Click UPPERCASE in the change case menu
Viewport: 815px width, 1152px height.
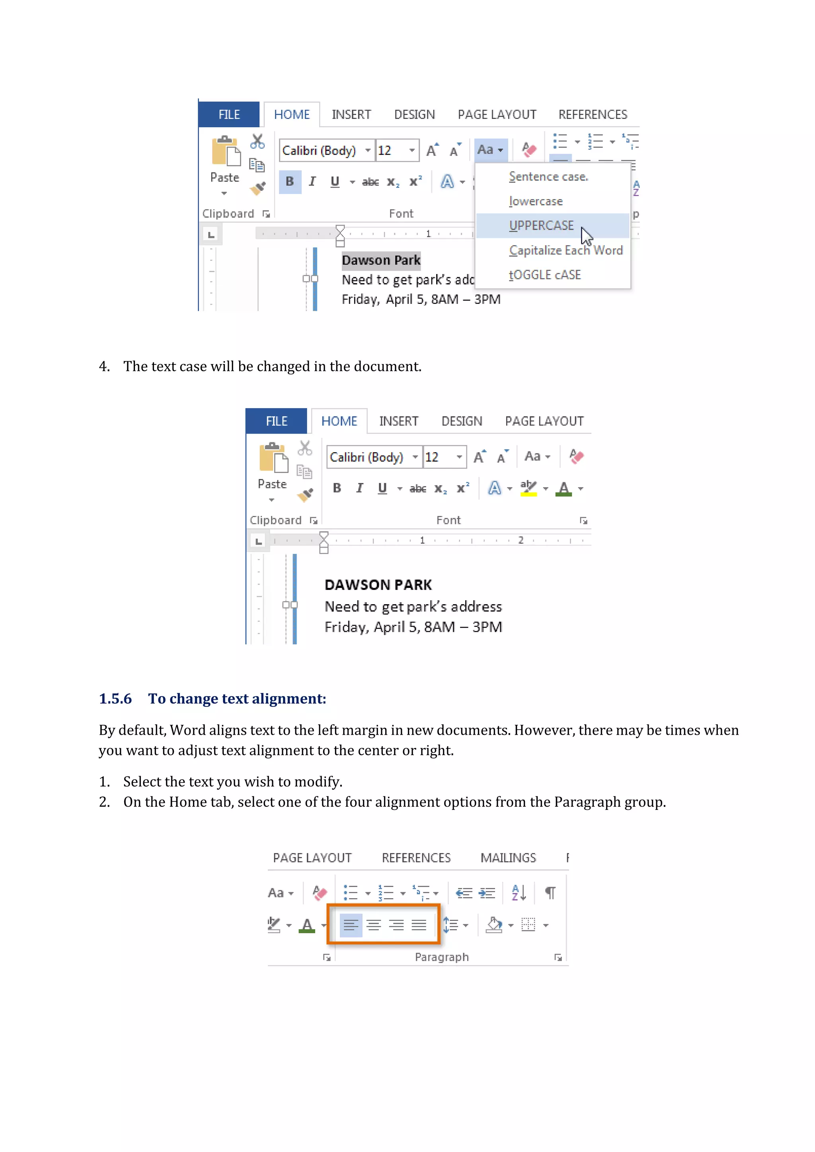click(541, 226)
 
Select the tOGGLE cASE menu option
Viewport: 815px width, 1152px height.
click(544, 275)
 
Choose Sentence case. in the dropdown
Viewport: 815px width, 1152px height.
click(548, 177)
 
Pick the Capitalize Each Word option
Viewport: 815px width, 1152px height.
click(565, 250)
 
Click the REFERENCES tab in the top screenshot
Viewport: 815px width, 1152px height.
click(593, 115)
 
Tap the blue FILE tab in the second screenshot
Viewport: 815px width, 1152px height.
click(277, 422)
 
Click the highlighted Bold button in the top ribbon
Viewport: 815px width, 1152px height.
click(290, 182)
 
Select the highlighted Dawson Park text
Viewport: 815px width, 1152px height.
click(381, 261)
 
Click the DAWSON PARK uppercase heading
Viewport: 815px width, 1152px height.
click(378, 585)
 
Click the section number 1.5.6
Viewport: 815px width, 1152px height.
click(115, 699)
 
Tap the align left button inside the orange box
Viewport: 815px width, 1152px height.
click(351, 925)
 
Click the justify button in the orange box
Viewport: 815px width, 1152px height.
click(419, 925)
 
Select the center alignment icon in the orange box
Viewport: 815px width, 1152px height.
click(373, 925)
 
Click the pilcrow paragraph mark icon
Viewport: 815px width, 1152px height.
click(550, 893)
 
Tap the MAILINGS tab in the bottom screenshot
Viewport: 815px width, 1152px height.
click(508, 858)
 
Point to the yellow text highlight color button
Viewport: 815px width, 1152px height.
click(528, 488)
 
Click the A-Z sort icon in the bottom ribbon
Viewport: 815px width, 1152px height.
click(519, 893)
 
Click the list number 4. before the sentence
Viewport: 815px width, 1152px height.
click(104, 367)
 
